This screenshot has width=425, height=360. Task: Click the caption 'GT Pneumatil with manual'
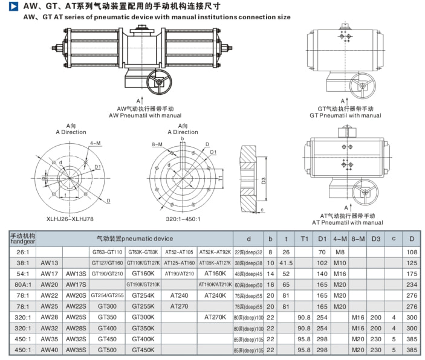click(345, 115)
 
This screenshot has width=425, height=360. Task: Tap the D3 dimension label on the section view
click(264, 180)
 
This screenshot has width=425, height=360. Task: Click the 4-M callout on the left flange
click(96, 143)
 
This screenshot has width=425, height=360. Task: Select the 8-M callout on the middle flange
click(157, 144)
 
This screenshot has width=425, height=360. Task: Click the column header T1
click(305, 239)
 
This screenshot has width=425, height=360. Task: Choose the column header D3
click(376, 239)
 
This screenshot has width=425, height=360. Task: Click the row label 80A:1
click(22, 284)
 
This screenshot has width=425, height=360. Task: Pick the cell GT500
click(108, 350)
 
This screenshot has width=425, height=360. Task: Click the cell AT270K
click(215, 317)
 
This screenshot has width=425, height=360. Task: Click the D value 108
click(412, 252)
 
